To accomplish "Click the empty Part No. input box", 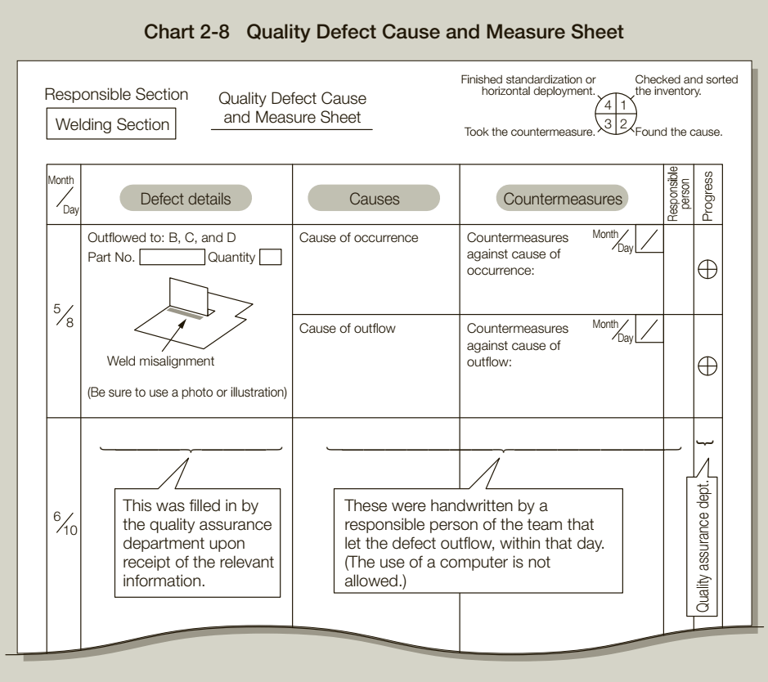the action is coord(172,258).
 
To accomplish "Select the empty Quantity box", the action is coord(271,258).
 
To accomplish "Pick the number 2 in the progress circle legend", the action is coord(622,123).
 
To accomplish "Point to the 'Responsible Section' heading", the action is coord(116,94).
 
